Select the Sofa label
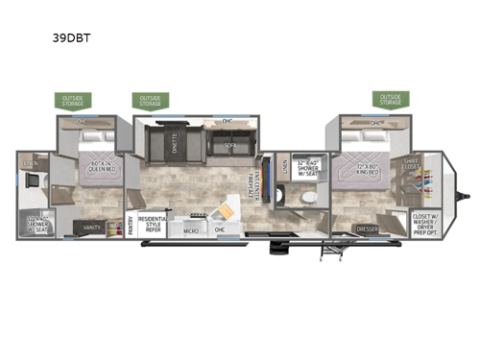pyautogui.click(x=230, y=145)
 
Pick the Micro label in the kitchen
pyautogui.click(x=192, y=230)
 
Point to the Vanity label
pyautogui.click(x=92, y=227)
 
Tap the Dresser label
pyautogui.click(x=366, y=229)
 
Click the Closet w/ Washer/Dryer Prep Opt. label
pyautogui.click(x=424, y=223)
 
